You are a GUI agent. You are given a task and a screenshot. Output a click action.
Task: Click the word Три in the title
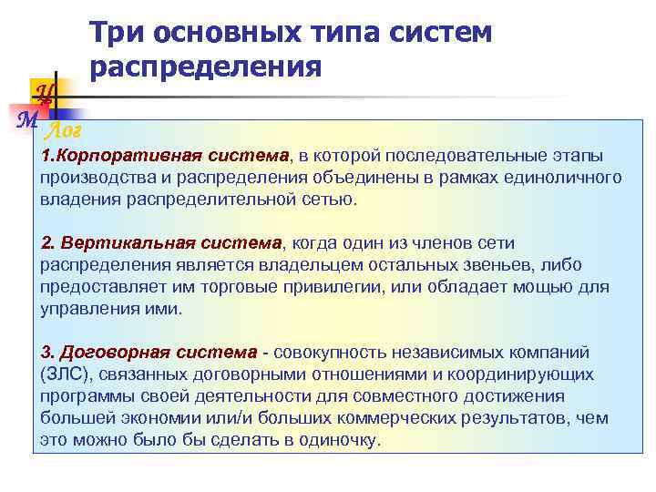coord(117,33)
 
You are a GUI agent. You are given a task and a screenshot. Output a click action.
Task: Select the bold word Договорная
coord(108,353)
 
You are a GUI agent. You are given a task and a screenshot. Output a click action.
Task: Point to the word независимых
coord(445,353)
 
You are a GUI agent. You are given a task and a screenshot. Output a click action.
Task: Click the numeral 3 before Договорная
coord(46,353)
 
